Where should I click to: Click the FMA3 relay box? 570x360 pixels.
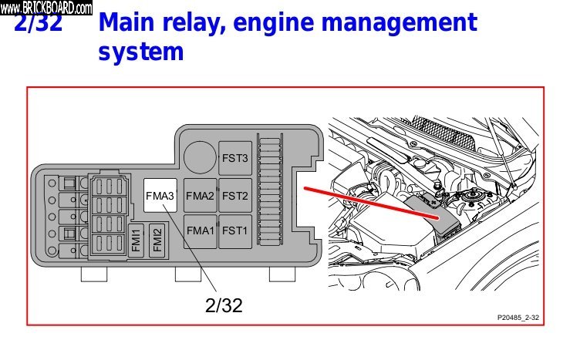click(x=160, y=197)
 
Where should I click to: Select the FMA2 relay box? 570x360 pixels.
click(x=200, y=197)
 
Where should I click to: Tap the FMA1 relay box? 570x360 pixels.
click(x=200, y=230)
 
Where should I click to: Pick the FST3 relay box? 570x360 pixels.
click(x=234, y=158)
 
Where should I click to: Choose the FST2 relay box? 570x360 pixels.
click(x=234, y=197)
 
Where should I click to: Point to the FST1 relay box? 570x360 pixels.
click(x=234, y=230)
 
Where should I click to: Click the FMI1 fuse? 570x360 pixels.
click(x=136, y=240)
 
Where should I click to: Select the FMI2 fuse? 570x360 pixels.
click(x=157, y=240)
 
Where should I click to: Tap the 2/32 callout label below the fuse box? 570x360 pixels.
click(x=224, y=305)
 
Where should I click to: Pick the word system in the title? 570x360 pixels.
click(x=141, y=53)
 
